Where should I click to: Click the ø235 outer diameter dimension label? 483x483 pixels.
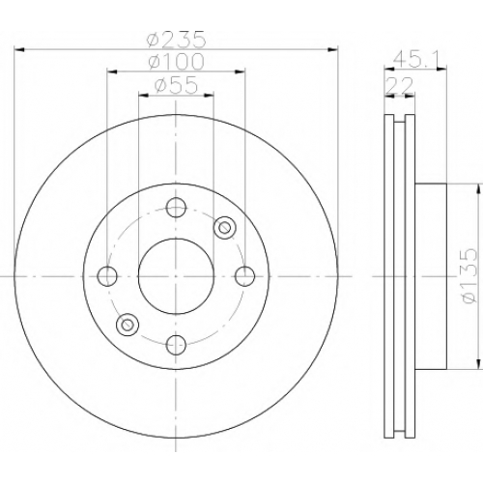176,39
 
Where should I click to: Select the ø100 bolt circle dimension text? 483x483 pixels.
176,61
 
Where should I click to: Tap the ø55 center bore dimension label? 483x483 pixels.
176,85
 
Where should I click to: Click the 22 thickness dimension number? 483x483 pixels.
400,85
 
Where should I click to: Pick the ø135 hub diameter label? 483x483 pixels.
469,275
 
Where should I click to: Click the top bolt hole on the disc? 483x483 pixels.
176,208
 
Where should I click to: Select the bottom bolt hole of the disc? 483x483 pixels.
176,345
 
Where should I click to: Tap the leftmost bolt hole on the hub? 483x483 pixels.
107,276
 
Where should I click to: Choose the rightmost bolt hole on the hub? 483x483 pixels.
244,276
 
